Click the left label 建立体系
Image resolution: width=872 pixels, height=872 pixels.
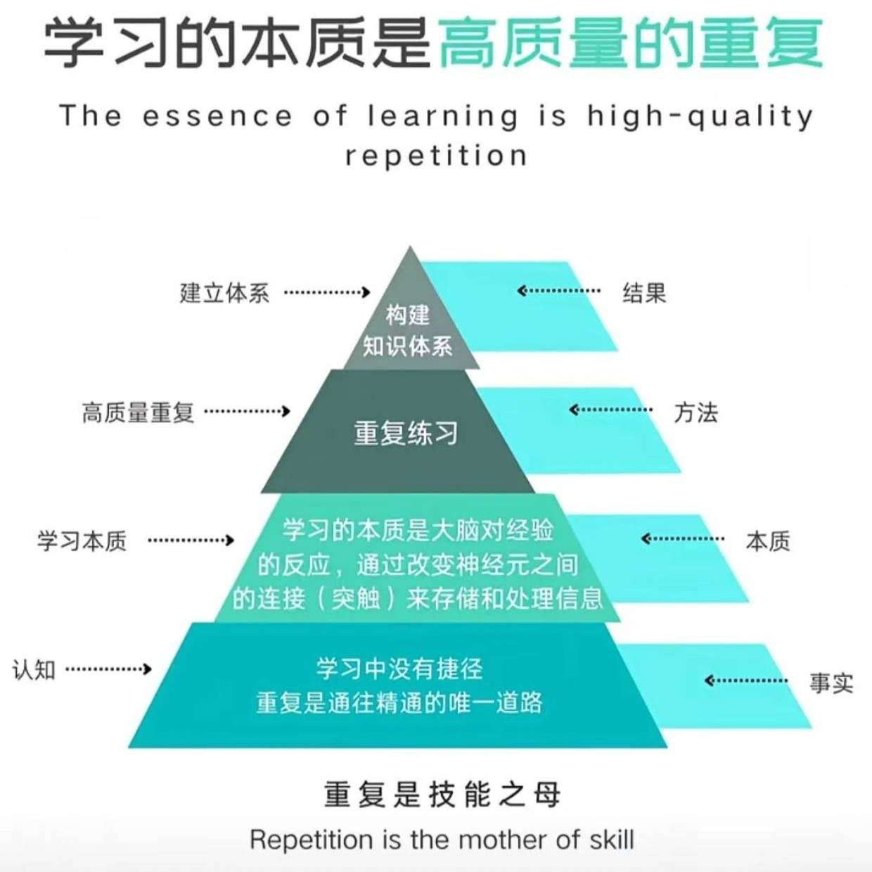click(224, 293)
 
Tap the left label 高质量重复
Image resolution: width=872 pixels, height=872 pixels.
click(138, 412)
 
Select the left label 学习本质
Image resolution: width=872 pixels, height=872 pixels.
click(82, 541)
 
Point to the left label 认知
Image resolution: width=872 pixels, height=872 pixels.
click(34, 669)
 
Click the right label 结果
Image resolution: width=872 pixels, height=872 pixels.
click(643, 293)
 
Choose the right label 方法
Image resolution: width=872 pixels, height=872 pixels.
click(695, 412)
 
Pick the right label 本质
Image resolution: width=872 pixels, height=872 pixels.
click(768, 541)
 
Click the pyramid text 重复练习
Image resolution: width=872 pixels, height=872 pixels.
click(406, 433)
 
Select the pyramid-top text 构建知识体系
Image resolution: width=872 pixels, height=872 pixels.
click(408, 330)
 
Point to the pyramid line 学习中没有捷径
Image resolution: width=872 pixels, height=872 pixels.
click(399, 668)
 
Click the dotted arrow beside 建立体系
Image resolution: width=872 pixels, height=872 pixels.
click(327, 292)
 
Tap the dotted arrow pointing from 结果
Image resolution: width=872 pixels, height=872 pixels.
click(559, 291)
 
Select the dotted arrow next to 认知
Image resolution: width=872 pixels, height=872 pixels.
click(108, 669)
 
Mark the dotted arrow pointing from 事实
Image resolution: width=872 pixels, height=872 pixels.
click(746, 681)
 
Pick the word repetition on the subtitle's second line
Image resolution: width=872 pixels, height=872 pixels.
click(436, 156)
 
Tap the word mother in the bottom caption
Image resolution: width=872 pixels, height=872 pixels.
click(503, 840)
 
